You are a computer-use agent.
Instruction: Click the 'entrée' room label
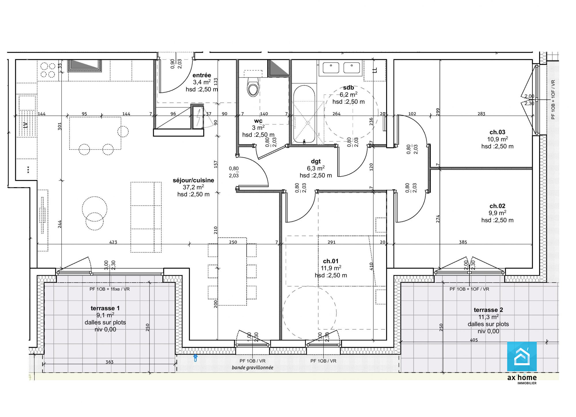click(202, 75)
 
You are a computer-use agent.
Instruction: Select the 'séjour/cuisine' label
click(193, 180)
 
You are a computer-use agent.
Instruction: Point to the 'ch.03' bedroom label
click(497, 132)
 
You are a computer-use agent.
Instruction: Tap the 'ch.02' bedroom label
click(497, 206)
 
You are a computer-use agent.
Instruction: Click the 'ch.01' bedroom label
click(331, 261)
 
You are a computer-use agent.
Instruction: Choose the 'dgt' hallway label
click(316, 161)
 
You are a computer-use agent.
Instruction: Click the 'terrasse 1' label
click(105, 308)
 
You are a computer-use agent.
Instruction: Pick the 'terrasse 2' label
click(488, 310)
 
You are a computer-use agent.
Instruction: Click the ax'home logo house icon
click(522, 357)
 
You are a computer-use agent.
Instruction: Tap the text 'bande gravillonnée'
click(253, 367)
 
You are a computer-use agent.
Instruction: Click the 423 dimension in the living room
click(113, 242)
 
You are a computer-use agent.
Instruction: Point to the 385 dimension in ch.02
click(463, 242)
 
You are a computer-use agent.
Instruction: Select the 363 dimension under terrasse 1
click(109, 362)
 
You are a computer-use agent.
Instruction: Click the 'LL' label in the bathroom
click(375, 70)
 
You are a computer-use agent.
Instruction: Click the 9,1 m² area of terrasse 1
click(105, 315)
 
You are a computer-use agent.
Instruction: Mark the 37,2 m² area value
click(193, 187)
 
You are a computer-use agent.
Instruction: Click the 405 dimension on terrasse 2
click(474, 340)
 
